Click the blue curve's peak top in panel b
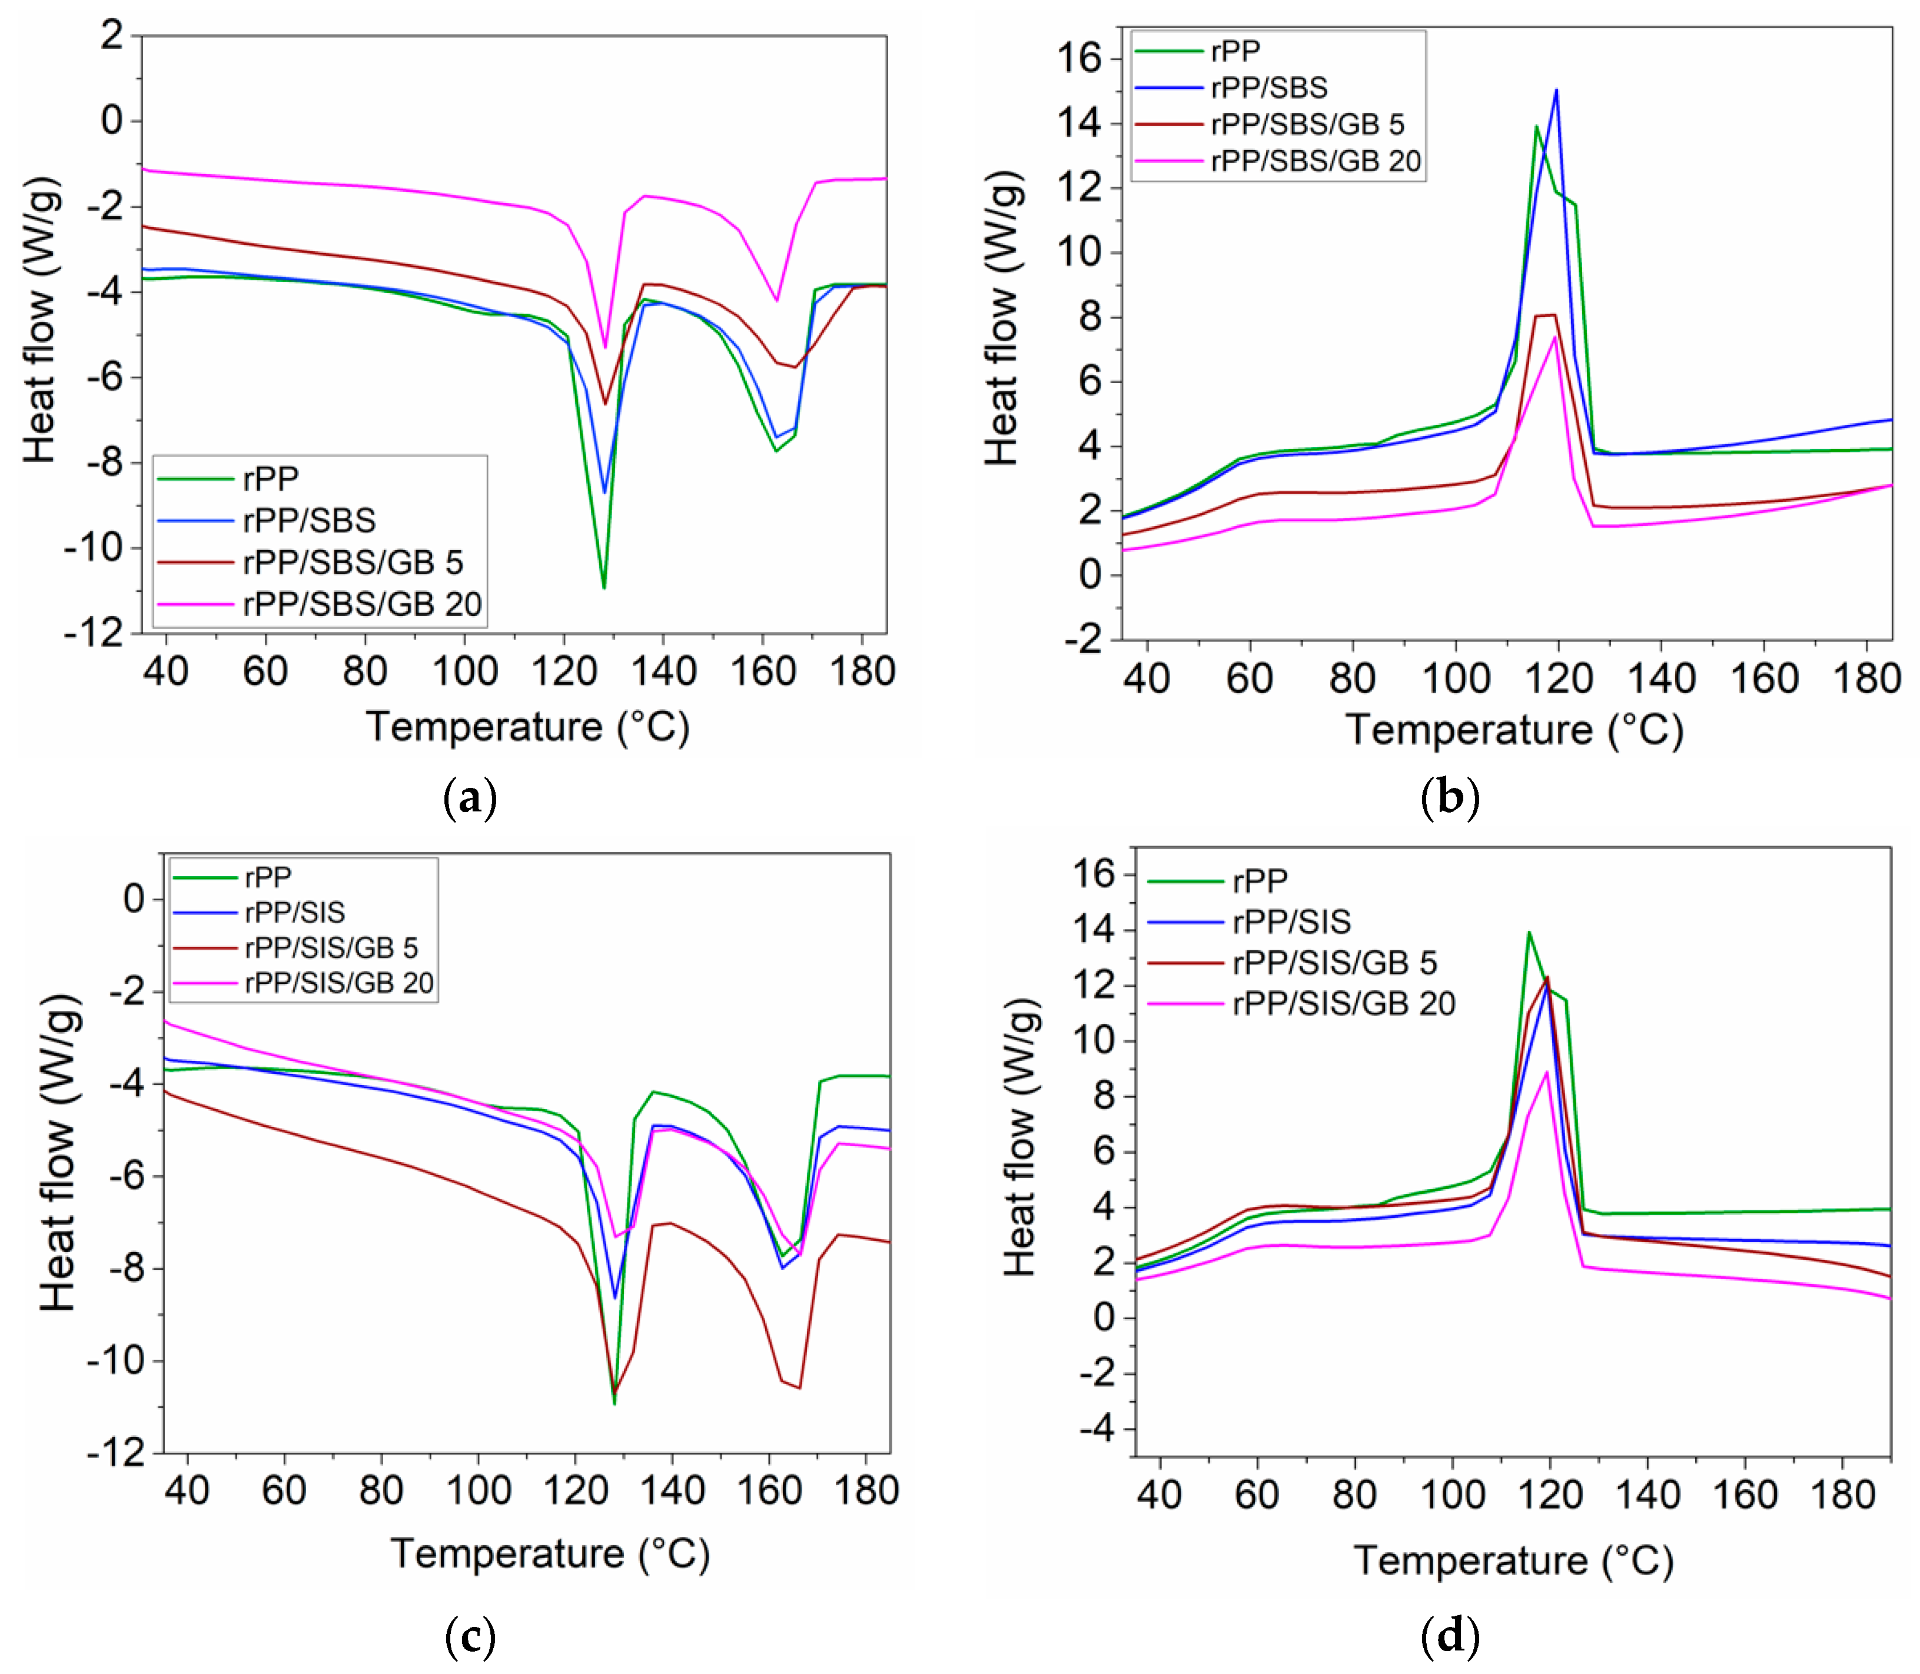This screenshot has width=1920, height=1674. [1556, 91]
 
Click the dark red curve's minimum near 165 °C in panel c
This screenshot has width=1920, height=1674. [799, 1387]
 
